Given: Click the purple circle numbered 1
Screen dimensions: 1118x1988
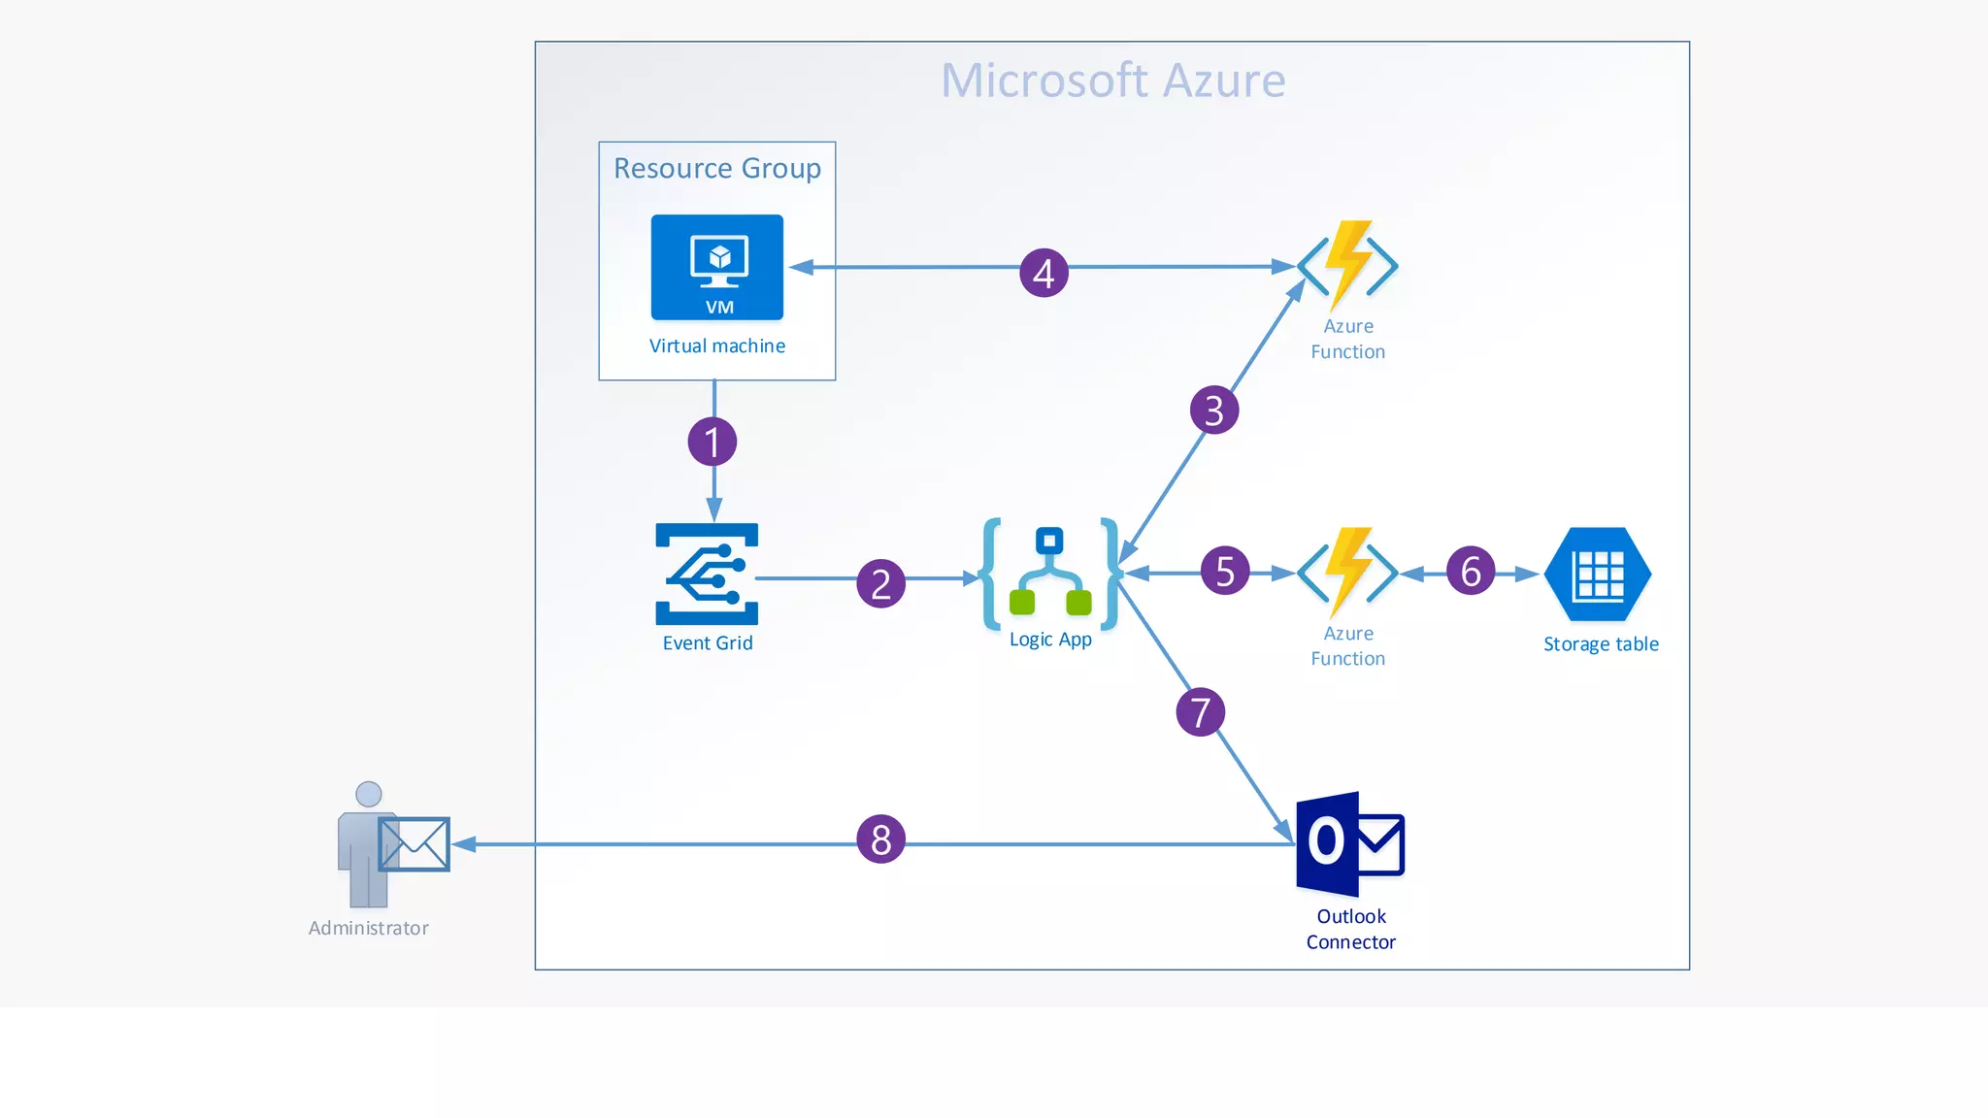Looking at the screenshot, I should (x=712, y=443).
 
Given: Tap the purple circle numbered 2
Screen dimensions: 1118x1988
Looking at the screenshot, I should (x=880, y=583).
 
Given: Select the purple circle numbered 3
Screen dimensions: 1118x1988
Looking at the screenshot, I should (x=1214, y=411).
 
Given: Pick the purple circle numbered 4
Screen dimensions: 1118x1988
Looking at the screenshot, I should (x=1044, y=273).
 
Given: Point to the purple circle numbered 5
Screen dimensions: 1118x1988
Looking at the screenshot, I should (x=1225, y=571).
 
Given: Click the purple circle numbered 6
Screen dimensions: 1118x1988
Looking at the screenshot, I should (x=1471, y=571).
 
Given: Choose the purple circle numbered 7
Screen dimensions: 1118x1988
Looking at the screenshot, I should (x=1201, y=712).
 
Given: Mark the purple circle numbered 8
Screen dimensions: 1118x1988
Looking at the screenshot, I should (x=880, y=839).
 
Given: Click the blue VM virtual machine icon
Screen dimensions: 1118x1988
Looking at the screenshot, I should (x=717, y=268).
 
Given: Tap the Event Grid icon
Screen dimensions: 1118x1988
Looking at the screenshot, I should (x=707, y=575).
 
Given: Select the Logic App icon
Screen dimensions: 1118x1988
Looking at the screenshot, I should (x=1050, y=574).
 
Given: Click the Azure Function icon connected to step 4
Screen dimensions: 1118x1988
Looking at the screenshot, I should (x=1348, y=264).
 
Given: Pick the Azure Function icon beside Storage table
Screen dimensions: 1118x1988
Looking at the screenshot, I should (x=1348, y=572).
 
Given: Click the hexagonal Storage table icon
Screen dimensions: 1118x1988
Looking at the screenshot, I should (x=1598, y=575).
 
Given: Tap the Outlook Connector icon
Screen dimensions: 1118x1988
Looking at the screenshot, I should (x=1350, y=843).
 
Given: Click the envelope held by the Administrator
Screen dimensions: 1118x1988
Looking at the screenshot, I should (x=414, y=844).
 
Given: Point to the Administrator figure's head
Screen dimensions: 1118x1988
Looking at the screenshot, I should (x=369, y=794).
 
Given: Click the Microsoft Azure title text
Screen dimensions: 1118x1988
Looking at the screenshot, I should (x=1112, y=81).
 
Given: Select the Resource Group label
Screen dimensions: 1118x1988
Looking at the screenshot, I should (x=717, y=169).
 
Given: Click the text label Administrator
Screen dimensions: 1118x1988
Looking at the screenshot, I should (x=369, y=928).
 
